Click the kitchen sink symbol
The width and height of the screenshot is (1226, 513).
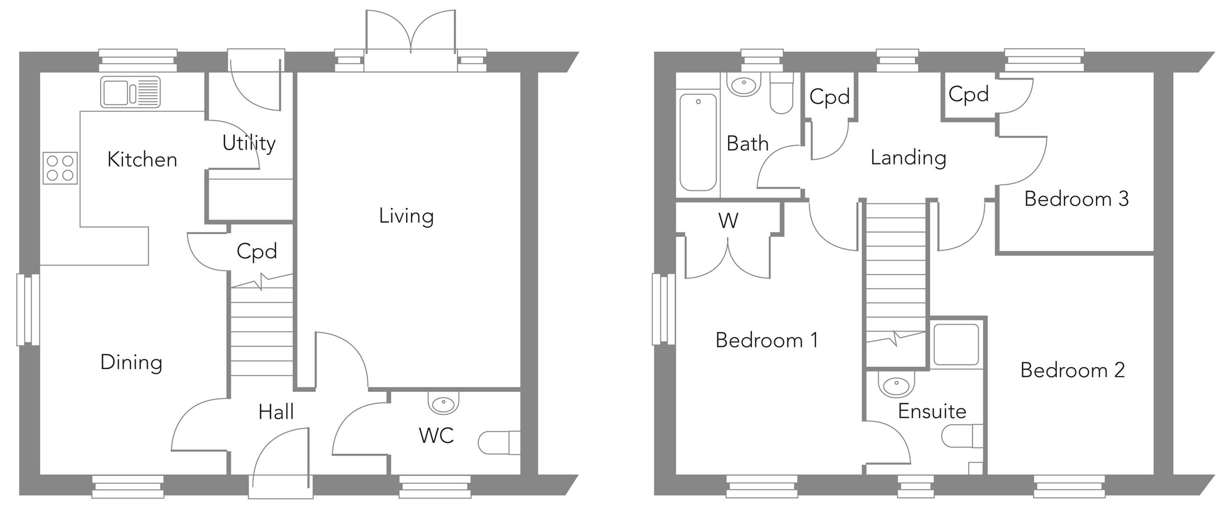click(x=130, y=92)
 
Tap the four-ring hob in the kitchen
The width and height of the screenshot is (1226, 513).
click(x=60, y=168)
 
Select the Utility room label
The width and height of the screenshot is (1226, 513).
click(x=249, y=143)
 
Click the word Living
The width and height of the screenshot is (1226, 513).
click(x=406, y=216)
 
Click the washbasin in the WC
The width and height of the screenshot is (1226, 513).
click(x=443, y=404)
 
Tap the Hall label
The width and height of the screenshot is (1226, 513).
click(x=276, y=412)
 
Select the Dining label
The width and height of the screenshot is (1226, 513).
click(x=131, y=362)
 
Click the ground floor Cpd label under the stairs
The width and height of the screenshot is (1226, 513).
click(x=256, y=252)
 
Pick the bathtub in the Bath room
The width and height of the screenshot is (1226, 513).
click(x=698, y=142)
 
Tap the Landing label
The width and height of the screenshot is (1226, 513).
click(x=908, y=158)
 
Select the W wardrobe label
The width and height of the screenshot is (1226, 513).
click(x=728, y=221)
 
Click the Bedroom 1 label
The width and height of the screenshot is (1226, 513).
click(x=766, y=340)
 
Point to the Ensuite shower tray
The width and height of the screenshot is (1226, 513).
click(x=956, y=345)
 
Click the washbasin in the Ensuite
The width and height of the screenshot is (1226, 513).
click(x=896, y=386)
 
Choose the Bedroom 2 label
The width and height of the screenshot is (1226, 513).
click(x=1072, y=371)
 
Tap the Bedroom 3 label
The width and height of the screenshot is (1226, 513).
click(x=1076, y=199)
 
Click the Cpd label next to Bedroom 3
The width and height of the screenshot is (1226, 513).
click(x=968, y=94)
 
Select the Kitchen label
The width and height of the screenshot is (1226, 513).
click(x=142, y=160)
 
